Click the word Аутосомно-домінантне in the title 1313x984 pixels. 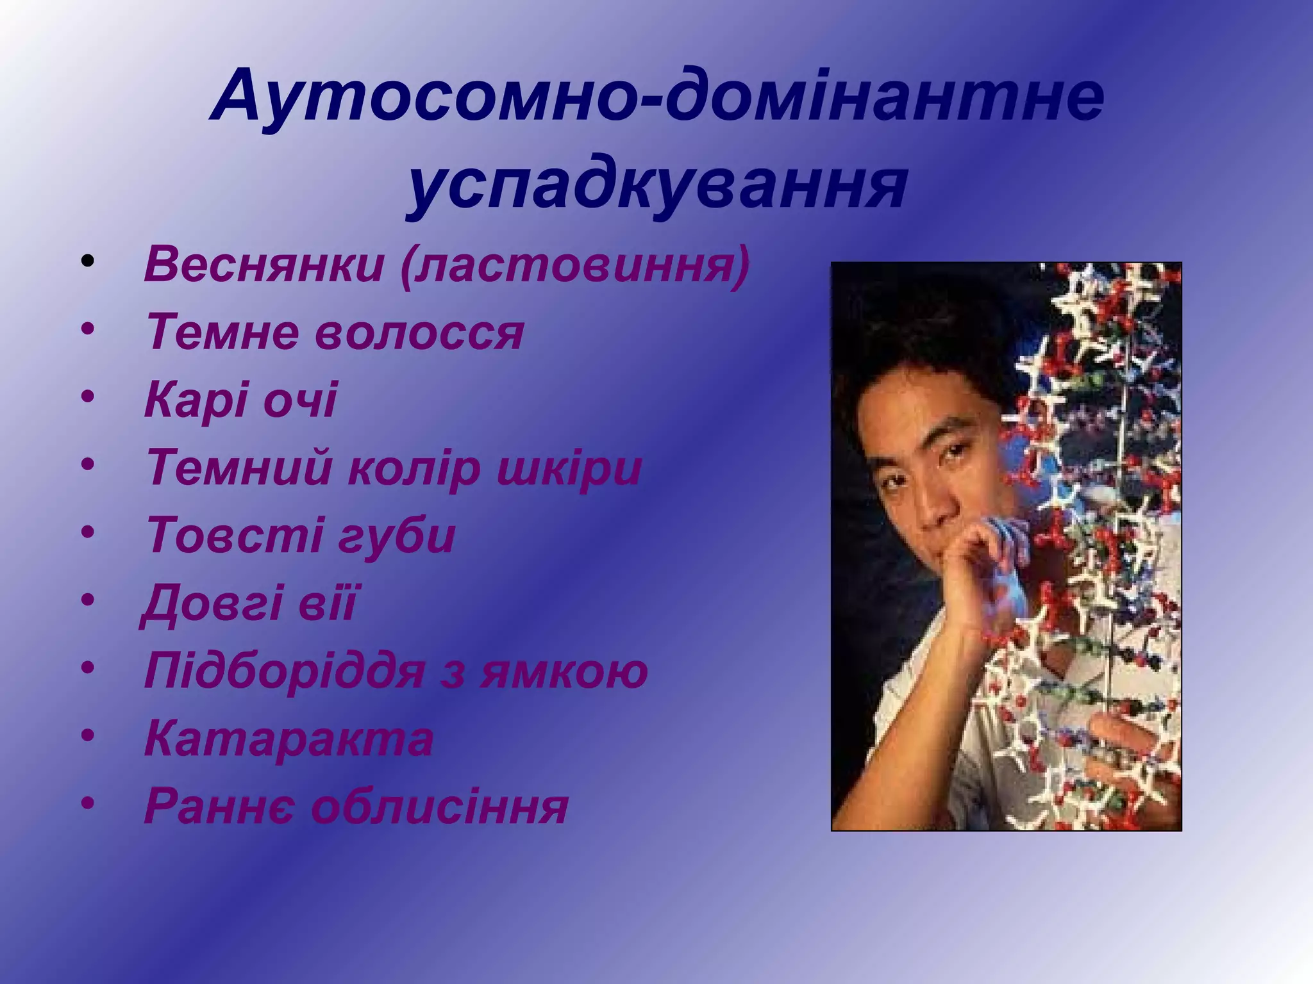pyautogui.click(x=657, y=96)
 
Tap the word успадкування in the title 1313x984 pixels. pyautogui.click(x=657, y=183)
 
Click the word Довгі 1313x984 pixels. pyautogui.click(x=212, y=603)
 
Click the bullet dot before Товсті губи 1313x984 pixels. pyautogui.click(x=88, y=532)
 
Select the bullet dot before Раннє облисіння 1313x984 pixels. pyautogui.click(x=88, y=801)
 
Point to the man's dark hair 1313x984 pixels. pyautogui.click(x=930, y=346)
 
